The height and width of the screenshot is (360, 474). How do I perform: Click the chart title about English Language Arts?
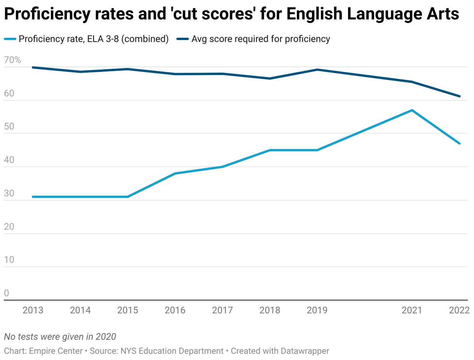[232, 14]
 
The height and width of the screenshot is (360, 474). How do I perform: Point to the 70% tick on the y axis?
[12, 60]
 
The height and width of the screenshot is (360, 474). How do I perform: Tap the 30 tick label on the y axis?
[9, 193]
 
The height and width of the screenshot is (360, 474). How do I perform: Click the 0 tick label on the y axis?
[6, 293]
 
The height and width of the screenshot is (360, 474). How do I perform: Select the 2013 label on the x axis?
[33, 310]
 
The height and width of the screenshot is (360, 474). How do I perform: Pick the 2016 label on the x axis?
[175, 310]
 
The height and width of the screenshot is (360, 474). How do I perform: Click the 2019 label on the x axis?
[317, 310]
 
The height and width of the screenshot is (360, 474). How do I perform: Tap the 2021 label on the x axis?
[412, 310]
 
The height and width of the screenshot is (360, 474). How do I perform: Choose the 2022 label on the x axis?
[459, 310]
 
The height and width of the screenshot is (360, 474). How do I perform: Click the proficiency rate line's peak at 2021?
[412, 110]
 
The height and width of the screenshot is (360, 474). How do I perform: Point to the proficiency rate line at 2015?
[128, 197]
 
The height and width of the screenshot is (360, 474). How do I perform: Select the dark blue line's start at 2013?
[33, 67]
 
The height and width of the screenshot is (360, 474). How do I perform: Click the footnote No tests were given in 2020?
[60, 337]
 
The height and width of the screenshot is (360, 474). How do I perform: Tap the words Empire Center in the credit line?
[56, 351]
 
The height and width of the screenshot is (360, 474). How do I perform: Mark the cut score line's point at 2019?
[317, 70]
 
